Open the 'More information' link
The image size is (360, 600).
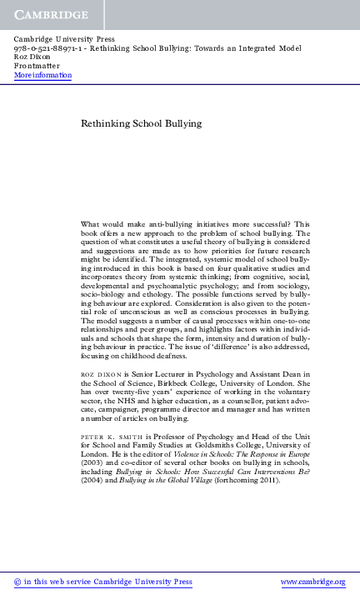tap(42, 75)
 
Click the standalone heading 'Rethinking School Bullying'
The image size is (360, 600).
tap(141, 123)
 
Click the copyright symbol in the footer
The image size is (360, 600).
tap(18, 582)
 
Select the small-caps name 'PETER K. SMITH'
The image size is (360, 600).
tap(109, 436)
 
